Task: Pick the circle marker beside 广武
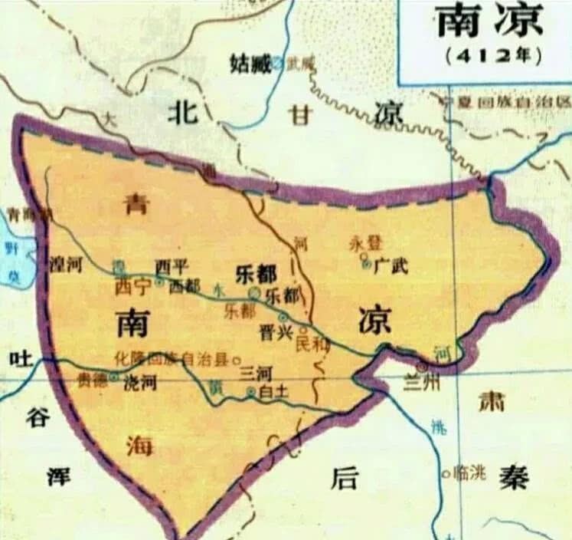pos(366,262)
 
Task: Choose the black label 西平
pos(171,266)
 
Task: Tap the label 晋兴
pos(273,333)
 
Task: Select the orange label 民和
pos(313,344)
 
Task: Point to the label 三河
pos(257,374)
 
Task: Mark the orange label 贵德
pos(93,378)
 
